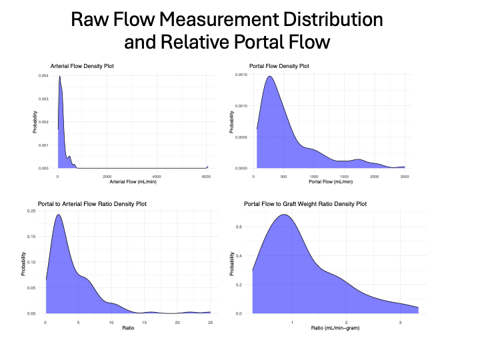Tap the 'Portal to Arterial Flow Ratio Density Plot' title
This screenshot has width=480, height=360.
coord(93,204)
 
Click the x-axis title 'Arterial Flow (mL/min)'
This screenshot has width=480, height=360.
coord(133,181)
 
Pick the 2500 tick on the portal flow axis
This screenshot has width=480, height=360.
coord(404,176)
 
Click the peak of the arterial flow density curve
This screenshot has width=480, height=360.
coord(59,76)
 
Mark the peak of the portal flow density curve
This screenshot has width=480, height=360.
coord(270,76)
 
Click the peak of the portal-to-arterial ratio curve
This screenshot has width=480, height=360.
coord(59,215)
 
